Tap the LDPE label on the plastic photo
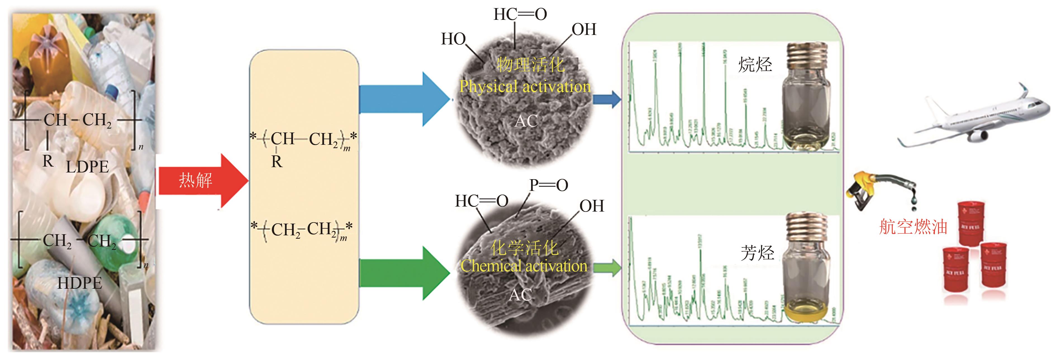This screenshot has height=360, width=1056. [x=87, y=167]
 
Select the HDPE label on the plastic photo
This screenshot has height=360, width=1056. [x=80, y=283]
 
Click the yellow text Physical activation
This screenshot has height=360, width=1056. [x=525, y=87]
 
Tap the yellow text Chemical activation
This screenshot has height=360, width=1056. [x=524, y=266]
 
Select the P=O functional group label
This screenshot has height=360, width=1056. [x=548, y=185]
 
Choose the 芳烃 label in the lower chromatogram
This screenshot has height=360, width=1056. [x=757, y=253]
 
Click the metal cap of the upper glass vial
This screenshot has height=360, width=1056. [x=806, y=56]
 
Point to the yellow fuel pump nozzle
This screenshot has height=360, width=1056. [x=865, y=189]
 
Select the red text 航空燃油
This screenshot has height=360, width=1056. [x=913, y=227]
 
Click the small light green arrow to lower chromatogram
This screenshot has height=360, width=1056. [x=607, y=268]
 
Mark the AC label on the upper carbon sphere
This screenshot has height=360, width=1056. [x=526, y=121]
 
